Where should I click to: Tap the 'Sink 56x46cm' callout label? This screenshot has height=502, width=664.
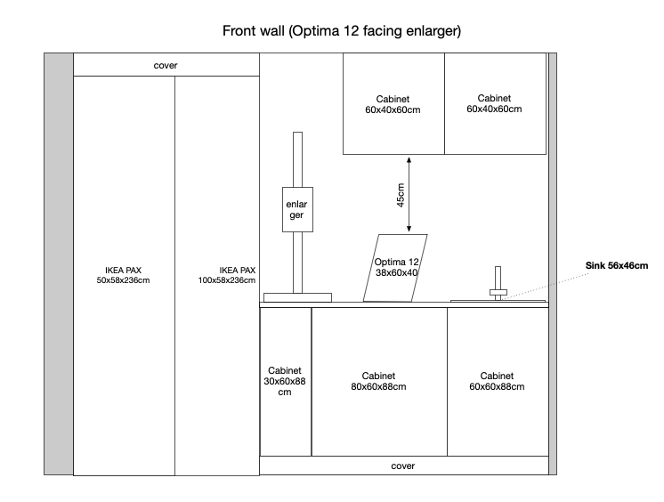coord(615,265)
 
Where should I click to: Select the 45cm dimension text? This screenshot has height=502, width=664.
coord(401,196)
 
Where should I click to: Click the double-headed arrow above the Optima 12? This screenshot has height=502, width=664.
coord(409,195)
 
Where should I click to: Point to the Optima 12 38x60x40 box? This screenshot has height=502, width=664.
coord(395,267)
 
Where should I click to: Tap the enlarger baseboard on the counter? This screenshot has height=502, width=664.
coord(297,296)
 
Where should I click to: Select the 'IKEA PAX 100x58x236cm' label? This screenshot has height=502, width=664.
coord(225,275)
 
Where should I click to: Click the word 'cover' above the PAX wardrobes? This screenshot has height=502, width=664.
coord(166,65)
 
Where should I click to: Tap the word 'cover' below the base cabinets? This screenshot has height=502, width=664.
coord(403,466)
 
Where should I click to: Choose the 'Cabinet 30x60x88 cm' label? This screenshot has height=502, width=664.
coord(285,381)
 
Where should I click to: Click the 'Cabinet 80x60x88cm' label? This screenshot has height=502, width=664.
coord(378,381)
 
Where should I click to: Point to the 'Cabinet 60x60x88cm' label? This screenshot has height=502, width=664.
coord(496,381)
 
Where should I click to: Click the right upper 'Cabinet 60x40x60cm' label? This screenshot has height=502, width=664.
coord(494,103)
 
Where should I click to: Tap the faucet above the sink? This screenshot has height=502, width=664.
coord(498,283)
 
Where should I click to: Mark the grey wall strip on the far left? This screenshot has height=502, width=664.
coord(59,263)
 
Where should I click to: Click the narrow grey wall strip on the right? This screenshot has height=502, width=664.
coord(553,263)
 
